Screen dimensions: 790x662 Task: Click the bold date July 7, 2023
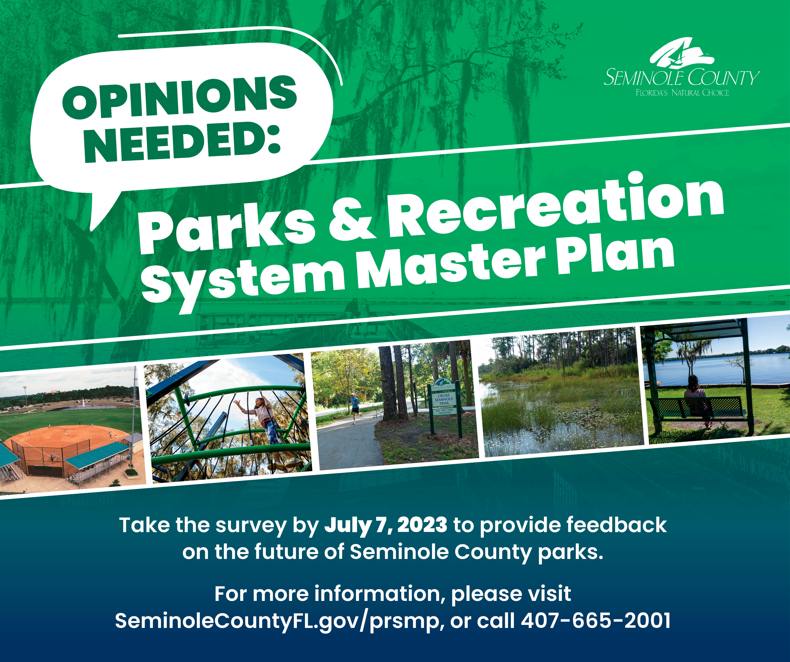pyautogui.click(x=386, y=525)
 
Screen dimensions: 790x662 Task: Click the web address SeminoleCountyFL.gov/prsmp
pyautogui.click(x=277, y=622)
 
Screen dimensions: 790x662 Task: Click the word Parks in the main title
pyautogui.click(x=227, y=230)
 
